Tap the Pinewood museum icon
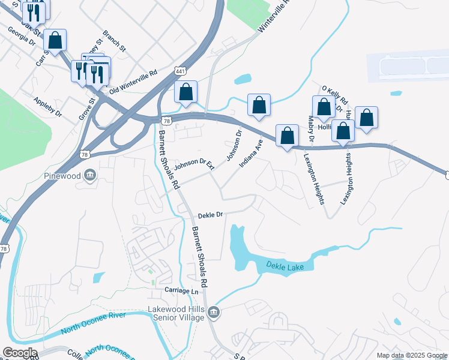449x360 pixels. [x=90, y=175]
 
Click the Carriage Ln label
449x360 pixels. [x=181, y=290]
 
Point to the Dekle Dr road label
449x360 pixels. [x=210, y=214]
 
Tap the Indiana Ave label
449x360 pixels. [x=252, y=153]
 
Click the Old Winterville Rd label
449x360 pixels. [x=133, y=81]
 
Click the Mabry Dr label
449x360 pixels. [x=311, y=130]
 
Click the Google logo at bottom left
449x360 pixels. [x=20, y=352]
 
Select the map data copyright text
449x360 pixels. [x=411, y=355]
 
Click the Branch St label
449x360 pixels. [x=113, y=41]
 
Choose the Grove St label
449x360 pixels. [x=84, y=109]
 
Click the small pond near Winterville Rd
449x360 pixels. [x=243, y=79]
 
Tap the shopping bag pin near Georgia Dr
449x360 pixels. [x=55, y=41]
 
